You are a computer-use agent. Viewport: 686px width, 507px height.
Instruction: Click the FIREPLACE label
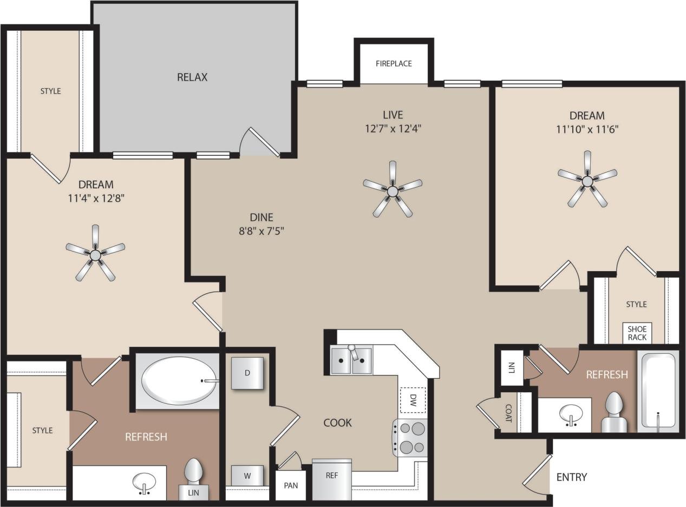(394, 63)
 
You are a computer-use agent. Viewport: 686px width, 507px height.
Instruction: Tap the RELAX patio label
(192, 77)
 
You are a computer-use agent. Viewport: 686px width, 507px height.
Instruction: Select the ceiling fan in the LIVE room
(393, 190)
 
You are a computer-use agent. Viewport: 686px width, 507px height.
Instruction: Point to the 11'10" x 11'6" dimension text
(587, 129)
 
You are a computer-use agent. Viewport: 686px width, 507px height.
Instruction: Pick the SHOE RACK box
(637, 333)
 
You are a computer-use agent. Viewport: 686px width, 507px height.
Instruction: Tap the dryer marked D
(247, 373)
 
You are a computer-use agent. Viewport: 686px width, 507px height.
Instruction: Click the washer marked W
(247, 476)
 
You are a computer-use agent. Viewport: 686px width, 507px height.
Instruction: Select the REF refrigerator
(332, 479)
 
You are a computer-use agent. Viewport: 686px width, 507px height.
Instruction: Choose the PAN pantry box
(291, 485)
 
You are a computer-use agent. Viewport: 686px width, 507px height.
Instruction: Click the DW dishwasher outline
(413, 401)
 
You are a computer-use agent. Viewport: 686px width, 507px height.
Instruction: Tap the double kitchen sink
(351, 360)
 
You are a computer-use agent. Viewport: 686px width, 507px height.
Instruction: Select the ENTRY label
(571, 477)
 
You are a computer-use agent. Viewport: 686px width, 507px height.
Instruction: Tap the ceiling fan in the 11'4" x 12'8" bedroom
(95, 254)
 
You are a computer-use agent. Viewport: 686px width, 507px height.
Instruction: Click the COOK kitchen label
(337, 423)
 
